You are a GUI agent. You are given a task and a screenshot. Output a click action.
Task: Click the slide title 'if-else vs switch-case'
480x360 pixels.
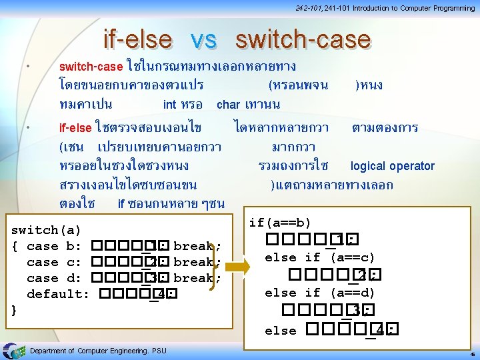point(237,39)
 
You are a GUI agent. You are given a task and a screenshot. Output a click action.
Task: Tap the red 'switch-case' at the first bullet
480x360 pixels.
point(91,67)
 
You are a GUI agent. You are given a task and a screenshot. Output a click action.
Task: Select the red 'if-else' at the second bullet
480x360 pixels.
point(75,127)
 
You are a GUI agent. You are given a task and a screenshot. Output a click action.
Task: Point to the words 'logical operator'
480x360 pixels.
point(392,166)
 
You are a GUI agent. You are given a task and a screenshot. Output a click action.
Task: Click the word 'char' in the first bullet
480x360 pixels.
point(228,105)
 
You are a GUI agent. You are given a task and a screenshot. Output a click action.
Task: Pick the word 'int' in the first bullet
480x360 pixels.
point(169,105)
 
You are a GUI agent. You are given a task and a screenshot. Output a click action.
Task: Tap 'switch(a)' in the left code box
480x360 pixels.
point(47,231)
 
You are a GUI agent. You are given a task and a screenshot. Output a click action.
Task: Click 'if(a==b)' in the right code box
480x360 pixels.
point(280,223)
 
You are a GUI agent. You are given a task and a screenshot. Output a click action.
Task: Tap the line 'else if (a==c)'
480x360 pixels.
point(320,257)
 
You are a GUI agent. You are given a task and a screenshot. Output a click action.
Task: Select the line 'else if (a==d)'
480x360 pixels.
point(320,293)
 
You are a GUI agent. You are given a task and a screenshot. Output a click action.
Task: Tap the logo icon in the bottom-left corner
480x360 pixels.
point(13,350)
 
